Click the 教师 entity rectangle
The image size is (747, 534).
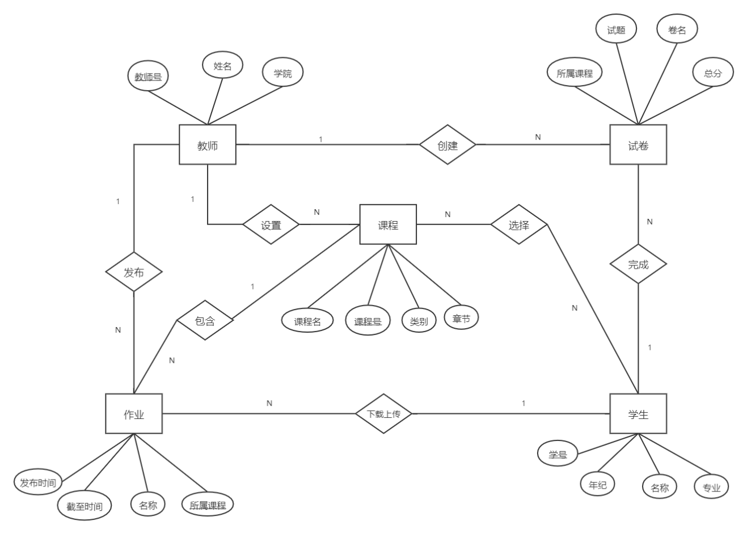[x=208, y=145]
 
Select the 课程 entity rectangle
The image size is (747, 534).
[x=388, y=224]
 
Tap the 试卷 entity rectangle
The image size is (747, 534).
[x=638, y=145]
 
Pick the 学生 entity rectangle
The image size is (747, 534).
[x=638, y=414]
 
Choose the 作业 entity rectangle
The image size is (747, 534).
[x=134, y=414]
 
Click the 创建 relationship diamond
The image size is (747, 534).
[x=448, y=145]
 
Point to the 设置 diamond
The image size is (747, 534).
[x=271, y=224]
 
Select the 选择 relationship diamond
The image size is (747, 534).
[x=519, y=224]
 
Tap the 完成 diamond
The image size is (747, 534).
[x=638, y=264]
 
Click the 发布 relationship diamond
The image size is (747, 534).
[x=134, y=272]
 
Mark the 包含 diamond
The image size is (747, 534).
[x=205, y=320]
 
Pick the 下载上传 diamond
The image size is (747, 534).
[x=383, y=414]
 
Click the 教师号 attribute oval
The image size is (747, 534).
[x=148, y=76]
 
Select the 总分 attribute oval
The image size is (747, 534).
[x=713, y=73]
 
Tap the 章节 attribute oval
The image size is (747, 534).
[x=461, y=318]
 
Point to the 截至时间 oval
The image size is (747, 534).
[x=85, y=506]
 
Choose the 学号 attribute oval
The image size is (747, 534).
[x=558, y=454]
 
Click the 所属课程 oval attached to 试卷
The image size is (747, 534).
[x=575, y=73]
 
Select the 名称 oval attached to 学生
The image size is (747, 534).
[x=660, y=487]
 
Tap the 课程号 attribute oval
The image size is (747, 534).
[x=368, y=321]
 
